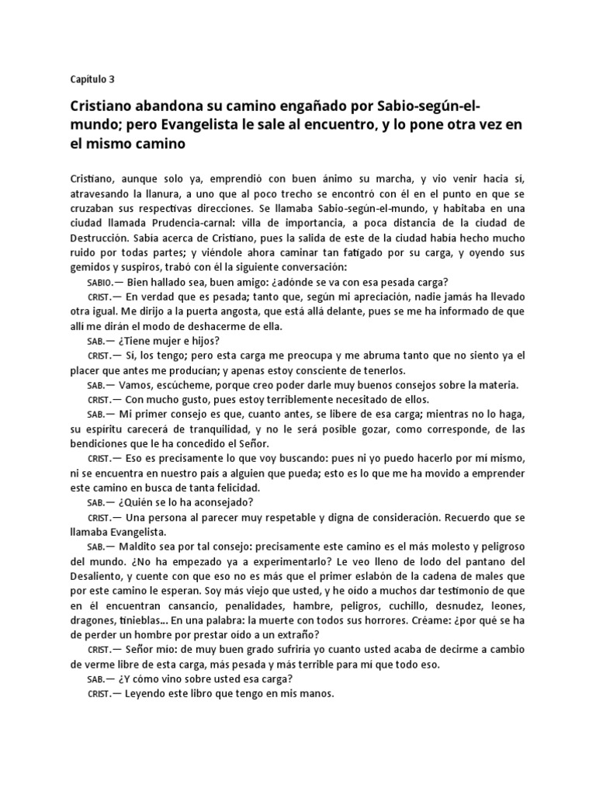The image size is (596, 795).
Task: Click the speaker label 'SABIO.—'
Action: pyautogui.click(x=102, y=283)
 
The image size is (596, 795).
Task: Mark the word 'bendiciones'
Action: pyautogui.click(x=100, y=443)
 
